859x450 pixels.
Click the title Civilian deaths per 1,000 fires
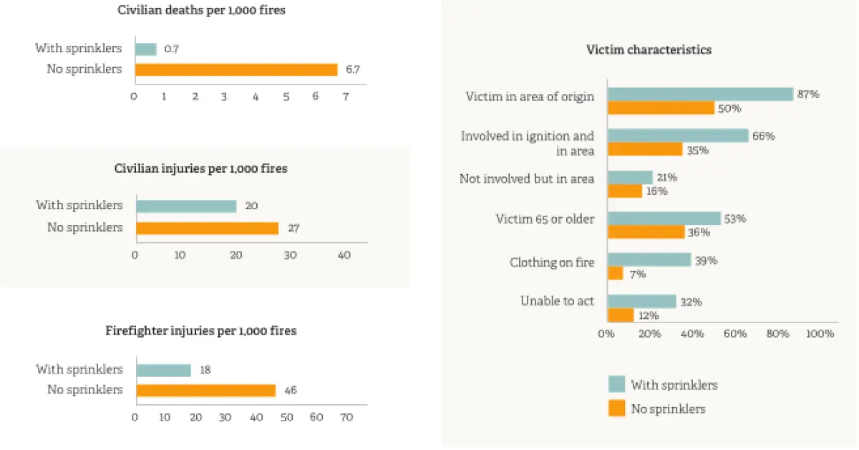201,10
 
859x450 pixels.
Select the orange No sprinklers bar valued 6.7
236,70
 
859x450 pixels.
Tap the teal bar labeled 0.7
146,49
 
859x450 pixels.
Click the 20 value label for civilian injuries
251,206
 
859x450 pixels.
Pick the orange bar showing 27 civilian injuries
208,228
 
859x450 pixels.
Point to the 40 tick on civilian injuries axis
344,255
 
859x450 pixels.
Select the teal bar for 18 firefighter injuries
164,370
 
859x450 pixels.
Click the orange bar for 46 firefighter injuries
206,391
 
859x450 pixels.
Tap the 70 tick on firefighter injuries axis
346,417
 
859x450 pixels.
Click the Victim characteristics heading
649,49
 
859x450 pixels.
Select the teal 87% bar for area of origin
701,94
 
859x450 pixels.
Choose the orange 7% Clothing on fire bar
616,274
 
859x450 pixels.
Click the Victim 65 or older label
545,219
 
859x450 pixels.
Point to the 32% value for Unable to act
691,302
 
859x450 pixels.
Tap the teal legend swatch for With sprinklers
616,384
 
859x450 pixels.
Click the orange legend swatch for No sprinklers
616,408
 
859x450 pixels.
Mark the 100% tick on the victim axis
820,333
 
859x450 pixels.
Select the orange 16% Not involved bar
625,191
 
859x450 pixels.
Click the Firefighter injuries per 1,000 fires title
201,330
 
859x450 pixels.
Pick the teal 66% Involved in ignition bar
678,135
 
